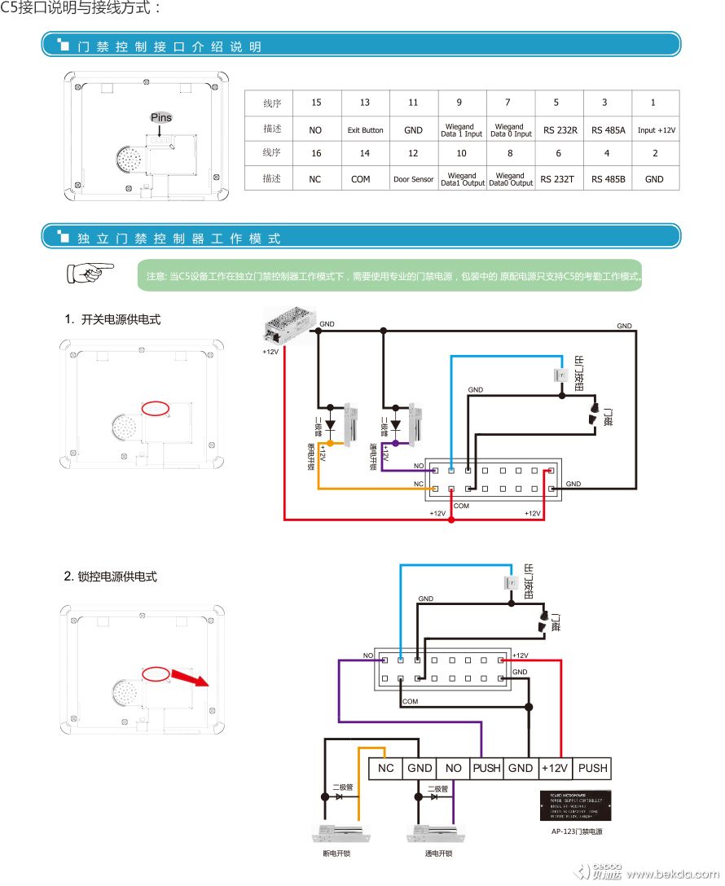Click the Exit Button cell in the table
click(x=365, y=130)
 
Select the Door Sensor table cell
click(x=413, y=179)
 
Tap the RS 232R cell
click(x=559, y=130)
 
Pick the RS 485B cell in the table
click(x=608, y=179)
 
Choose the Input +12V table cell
click(x=656, y=130)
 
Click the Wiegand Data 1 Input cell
click(x=462, y=130)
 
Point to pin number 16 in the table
click(x=316, y=153)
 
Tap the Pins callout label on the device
click(x=161, y=117)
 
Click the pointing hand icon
click(x=90, y=272)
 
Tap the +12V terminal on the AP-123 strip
click(x=555, y=768)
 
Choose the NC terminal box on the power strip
click(x=386, y=768)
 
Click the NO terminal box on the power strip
click(x=453, y=768)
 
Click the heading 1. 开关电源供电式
click(x=112, y=320)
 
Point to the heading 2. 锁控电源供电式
click(x=111, y=577)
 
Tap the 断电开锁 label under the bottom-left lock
click(x=336, y=853)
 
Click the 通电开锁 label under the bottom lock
click(x=438, y=853)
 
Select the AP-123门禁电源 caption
click(x=576, y=832)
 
